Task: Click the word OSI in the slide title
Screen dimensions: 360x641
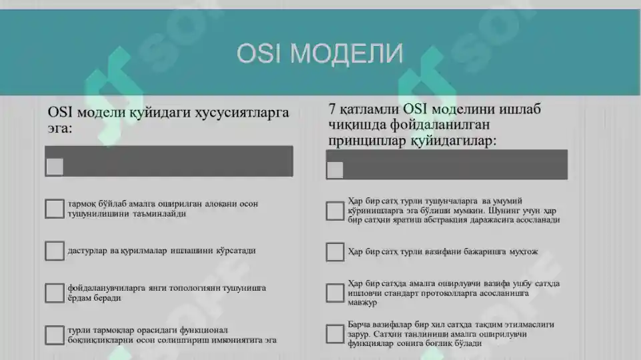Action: click(259, 53)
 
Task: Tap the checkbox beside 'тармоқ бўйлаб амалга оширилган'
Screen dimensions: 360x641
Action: click(55, 209)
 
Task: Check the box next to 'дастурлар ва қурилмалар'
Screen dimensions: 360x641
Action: click(55, 251)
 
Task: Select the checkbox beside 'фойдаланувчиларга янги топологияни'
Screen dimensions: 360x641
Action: click(55, 293)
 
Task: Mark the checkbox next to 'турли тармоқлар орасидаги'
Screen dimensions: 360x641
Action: click(55, 335)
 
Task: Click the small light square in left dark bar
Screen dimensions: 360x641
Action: click(55, 167)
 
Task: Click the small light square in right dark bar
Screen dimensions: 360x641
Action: click(335, 170)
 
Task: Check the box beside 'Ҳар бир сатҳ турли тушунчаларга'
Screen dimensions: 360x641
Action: click(335, 211)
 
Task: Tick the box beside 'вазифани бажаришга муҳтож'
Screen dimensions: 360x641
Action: click(335, 252)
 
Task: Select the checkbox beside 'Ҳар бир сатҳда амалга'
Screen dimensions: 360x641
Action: click(335, 293)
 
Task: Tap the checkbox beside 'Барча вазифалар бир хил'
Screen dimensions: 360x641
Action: click(335, 333)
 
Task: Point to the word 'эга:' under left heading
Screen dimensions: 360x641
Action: click(59, 128)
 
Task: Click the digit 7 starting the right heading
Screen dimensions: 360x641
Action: click(332, 109)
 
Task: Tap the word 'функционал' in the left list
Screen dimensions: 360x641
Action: click(199, 330)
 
